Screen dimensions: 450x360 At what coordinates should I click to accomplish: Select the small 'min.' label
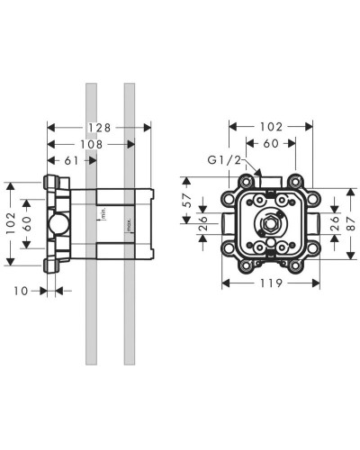pyautogui.click(x=103, y=214)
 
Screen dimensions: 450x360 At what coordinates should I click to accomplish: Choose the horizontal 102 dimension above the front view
pyautogui.click(x=271, y=128)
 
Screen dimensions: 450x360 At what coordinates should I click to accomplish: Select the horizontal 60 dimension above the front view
pyautogui.click(x=271, y=144)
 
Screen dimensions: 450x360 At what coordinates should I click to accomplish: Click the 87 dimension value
pyautogui.click(x=352, y=224)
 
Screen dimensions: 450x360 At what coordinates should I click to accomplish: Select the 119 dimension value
pyautogui.click(x=271, y=283)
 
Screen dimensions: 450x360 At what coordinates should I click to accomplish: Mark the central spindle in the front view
pyautogui.click(x=270, y=222)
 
